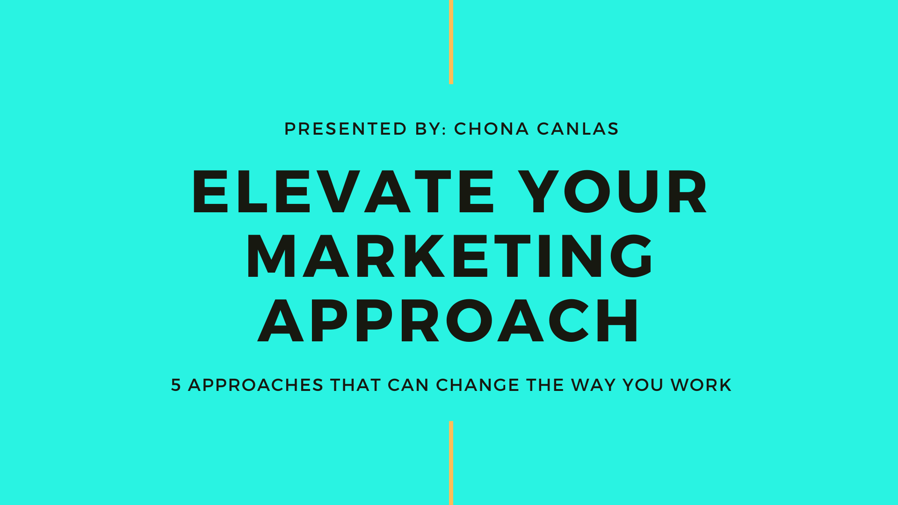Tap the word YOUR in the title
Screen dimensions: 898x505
click(x=612, y=192)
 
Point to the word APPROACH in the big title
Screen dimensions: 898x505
click(x=448, y=320)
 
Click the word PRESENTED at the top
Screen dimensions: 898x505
click(x=346, y=129)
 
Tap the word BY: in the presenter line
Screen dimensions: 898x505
click(x=431, y=129)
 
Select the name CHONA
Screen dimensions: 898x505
click(x=492, y=129)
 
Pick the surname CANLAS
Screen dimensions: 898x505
click(x=578, y=129)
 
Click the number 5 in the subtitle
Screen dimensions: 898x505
click(x=176, y=385)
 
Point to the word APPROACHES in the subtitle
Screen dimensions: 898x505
click(x=256, y=385)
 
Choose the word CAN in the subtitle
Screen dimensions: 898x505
click(x=408, y=385)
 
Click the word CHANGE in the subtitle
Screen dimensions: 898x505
click(x=478, y=385)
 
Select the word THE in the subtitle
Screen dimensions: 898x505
click(x=545, y=385)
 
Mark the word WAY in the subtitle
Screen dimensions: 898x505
click(x=593, y=385)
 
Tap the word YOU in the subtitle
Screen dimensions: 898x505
click(x=643, y=385)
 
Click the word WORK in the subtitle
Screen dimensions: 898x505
click(x=701, y=385)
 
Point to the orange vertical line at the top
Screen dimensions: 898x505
click(x=451, y=42)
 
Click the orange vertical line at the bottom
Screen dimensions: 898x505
click(x=451, y=463)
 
